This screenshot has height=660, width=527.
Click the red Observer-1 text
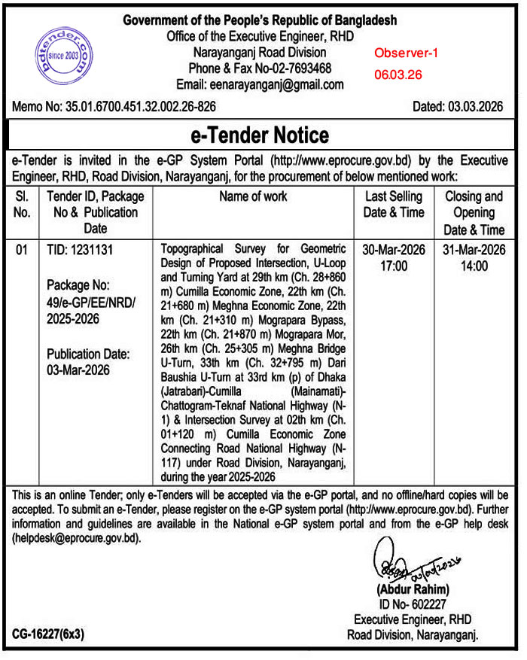(x=406, y=53)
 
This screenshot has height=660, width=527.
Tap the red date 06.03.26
(x=398, y=75)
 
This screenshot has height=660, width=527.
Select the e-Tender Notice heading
(x=260, y=135)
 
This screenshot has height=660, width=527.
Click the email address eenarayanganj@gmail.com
(x=260, y=84)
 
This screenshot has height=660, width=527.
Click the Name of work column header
(x=253, y=196)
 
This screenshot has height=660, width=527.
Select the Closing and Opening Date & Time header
(x=474, y=212)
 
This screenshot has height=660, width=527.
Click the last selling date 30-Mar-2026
(x=393, y=250)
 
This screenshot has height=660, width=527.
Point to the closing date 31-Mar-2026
(x=474, y=250)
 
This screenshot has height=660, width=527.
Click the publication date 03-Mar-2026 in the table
(x=78, y=370)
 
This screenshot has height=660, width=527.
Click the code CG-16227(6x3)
(x=48, y=634)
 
